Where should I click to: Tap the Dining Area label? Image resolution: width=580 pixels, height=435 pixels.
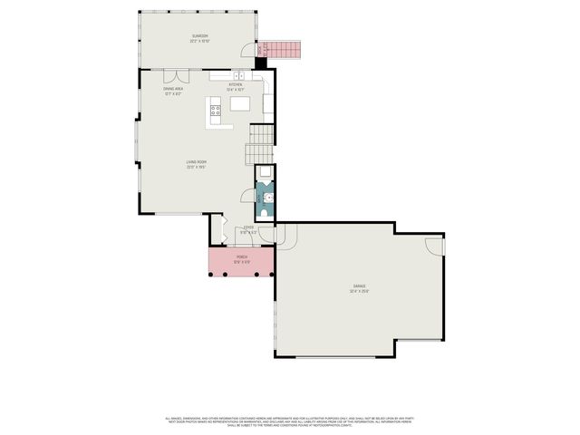pyautogui.click(x=173, y=91)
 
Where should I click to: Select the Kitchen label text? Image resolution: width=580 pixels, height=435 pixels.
pyautogui.click(x=235, y=87)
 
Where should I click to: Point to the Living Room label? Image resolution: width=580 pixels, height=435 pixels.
pyautogui.click(x=197, y=164)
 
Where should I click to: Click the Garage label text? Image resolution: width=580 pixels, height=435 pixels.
pyautogui.click(x=361, y=288)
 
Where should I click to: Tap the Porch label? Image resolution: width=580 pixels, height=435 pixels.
pyautogui.click(x=242, y=259)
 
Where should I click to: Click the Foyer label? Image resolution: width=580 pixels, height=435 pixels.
pyautogui.click(x=247, y=231)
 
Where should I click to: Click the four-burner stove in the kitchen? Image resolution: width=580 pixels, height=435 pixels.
pyautogui.click(x=217, y=113)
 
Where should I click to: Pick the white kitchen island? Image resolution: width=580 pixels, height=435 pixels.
pyautogui.click(x=240, y=103)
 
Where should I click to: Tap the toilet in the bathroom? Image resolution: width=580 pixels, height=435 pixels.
pyautogui.click(x=265, y=174)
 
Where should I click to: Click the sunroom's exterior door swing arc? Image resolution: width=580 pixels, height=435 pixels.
pyautogui.click(x=248, y=52)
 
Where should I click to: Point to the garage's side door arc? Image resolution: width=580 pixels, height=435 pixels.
pyautogui.click(x=435, y=245)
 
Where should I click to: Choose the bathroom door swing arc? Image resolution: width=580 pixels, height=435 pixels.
pyautogui.click(x=246, y=195)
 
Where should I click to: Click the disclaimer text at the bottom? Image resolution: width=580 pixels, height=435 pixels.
pyautogui.click(x=289, y=421)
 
